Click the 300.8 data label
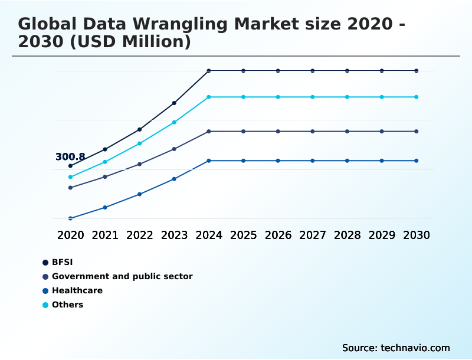click(x=70, y=157)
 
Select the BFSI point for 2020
click(x=70, y=166)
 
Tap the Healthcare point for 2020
click(x=70, y=218)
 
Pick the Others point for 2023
click(x=174, y=122)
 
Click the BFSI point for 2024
click(x=209, y=71)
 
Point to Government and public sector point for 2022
click(x=140, y=164)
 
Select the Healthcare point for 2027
click(x=313, y=161)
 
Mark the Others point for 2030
click(x=417, y=97)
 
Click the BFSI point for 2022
click(x=140, y=129)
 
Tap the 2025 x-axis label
click(x=243, y=235)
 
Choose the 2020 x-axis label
click(x=70, y=235)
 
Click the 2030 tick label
click(x=417, y=235)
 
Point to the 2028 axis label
click(x=347, y=235)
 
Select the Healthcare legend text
click(x=77, y=290)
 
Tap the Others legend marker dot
click(x=45, y=305)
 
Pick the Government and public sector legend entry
click(x=122, y=276)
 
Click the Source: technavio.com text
click(x=396, y=348)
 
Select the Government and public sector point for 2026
click(x=278, y=131)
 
